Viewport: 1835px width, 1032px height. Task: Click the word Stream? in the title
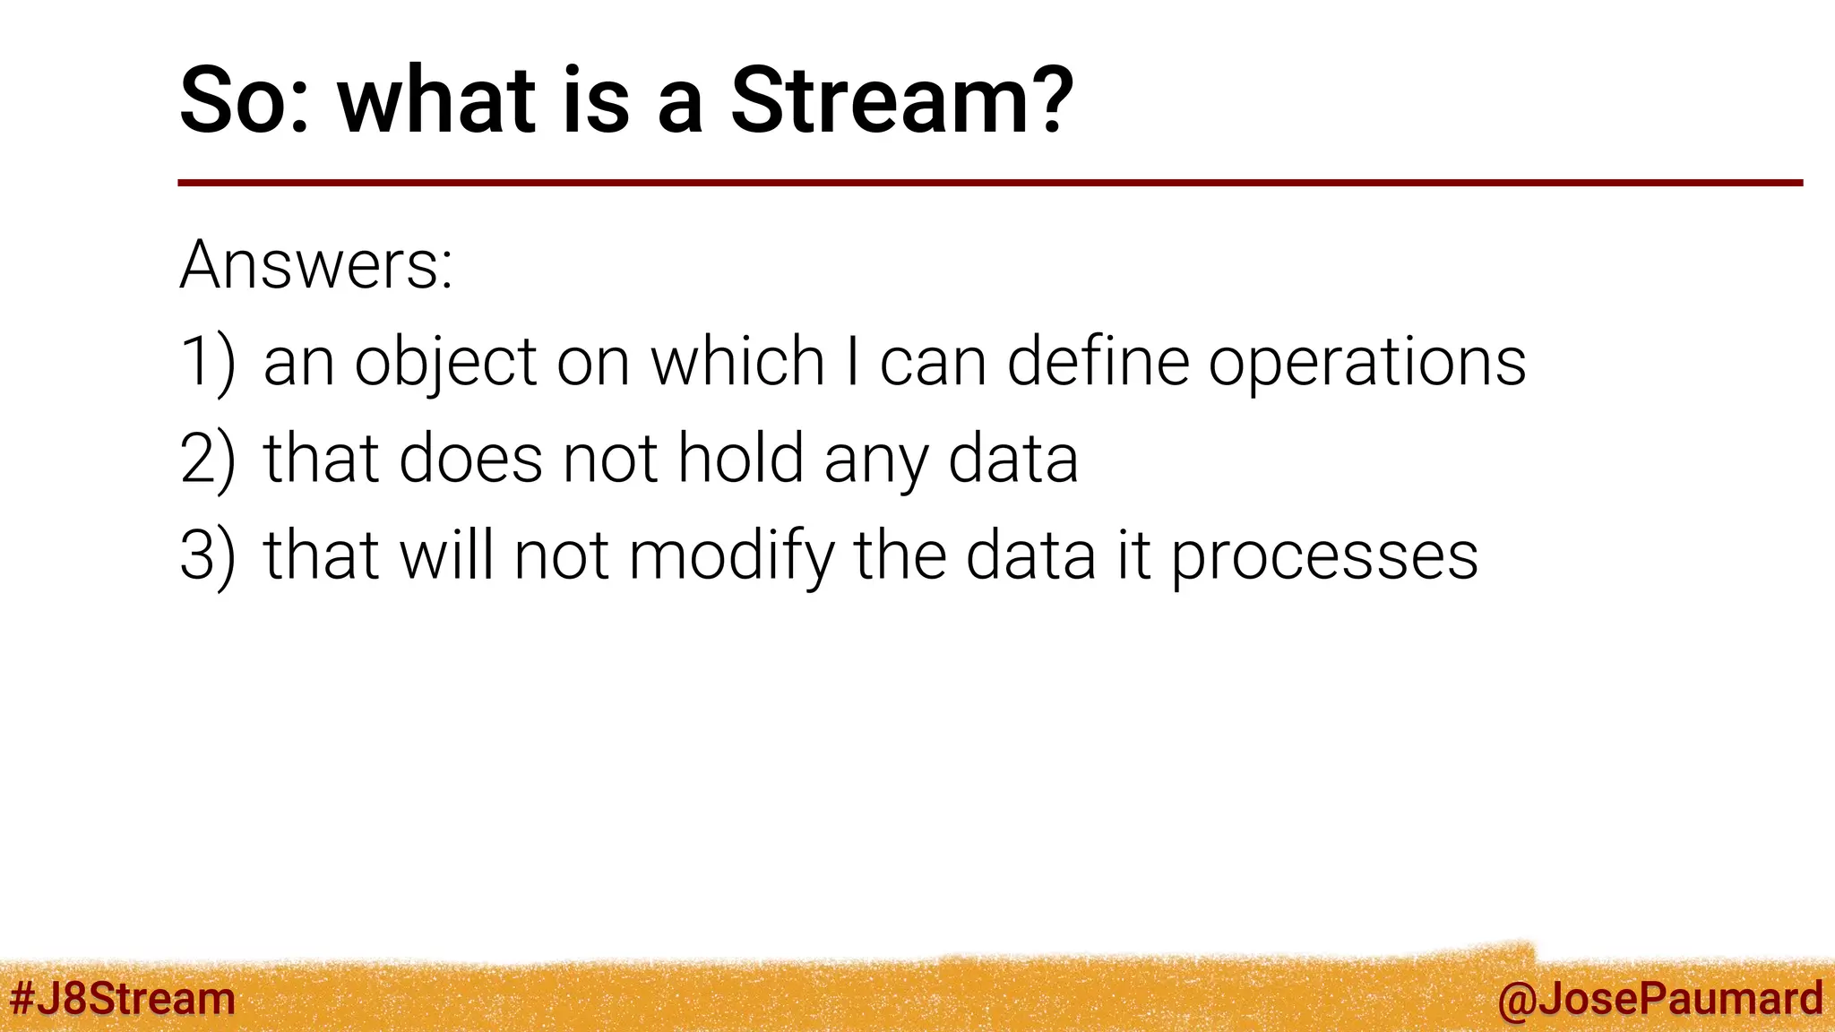901,100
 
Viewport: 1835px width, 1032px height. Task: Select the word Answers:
316,265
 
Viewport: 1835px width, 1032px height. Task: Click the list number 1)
208,363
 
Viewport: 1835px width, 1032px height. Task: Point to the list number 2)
208,460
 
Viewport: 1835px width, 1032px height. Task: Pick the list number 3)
208,556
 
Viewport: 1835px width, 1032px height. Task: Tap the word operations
1366,363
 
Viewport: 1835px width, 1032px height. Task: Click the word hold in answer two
740,458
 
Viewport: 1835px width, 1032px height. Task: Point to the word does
470,458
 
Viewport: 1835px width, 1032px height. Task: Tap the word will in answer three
446,555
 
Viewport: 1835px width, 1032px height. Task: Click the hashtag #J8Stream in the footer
122,998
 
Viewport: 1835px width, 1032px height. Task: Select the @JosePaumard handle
1659,998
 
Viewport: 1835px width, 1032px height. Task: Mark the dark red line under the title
989,183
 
